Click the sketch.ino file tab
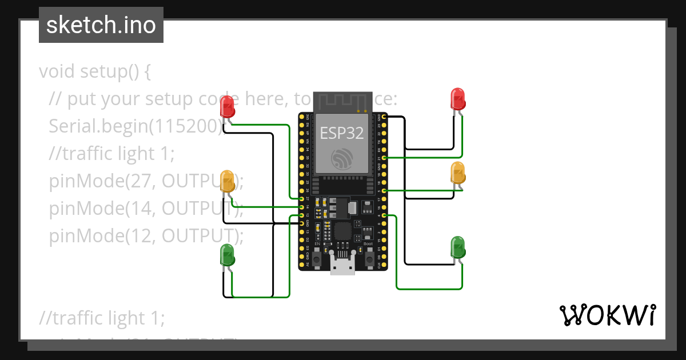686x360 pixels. tap(101, 25)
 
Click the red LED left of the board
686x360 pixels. tap(227, 107)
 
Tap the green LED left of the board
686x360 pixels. tap(227, 255)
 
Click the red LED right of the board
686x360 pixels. tap(458, 99)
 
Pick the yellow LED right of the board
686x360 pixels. tap(458, 173)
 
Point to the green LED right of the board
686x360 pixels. tap(458, 247)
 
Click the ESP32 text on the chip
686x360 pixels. tap(341, 133)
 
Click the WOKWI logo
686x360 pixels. tap(607, 315)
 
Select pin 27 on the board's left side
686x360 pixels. tap(302, 198)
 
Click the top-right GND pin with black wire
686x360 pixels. tap(384, 117)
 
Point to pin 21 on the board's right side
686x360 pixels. tap(384, 158)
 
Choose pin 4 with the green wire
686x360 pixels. tap(384, 215)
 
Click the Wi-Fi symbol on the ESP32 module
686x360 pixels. tap(343, 158)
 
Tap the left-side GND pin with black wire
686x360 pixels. tap(302, 223)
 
